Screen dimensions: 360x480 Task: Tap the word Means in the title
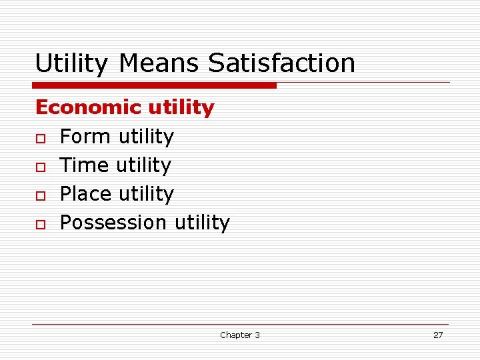coord(160,64)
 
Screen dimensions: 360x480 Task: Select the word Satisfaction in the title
coord(281,64)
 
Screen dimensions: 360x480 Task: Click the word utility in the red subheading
coord(181,107)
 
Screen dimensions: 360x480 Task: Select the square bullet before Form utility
coord(40,137)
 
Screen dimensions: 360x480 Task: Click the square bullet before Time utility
coord(40,166)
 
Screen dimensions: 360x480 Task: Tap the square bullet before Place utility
coord(40,195)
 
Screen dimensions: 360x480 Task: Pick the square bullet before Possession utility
coord(40,223)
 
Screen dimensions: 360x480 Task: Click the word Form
coord(85,137)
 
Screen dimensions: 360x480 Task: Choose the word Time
coord(85,165)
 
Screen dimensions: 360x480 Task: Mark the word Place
coord(86,194)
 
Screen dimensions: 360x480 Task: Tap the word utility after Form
coord(145,137)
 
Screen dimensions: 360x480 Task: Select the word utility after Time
coord(143,165)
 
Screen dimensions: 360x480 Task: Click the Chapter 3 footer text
coord(240,335)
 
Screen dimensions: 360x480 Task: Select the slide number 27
coord(438,335)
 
